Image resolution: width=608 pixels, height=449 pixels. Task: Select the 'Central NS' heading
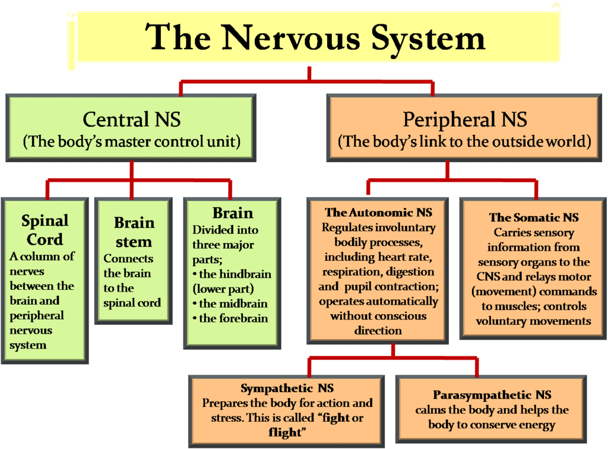[x=131, y=119]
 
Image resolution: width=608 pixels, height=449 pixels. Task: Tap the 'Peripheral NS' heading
[x=464, y=119]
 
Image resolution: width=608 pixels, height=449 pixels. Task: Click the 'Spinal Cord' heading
[x=45, y=230]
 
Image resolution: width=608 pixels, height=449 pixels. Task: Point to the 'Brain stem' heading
[x=134, y=232]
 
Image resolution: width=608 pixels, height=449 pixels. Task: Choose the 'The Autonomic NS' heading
[x=378, y=213]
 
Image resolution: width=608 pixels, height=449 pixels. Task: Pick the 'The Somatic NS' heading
[x=533, y=218]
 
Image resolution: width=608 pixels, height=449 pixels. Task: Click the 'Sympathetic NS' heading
[x=287, y=388]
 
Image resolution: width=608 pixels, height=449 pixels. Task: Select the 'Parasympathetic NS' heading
[x=492, y=395]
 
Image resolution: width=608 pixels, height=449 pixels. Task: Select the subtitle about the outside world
[x=464, y=143]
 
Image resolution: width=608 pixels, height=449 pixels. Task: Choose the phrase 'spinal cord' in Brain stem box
[x=132, y=302]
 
